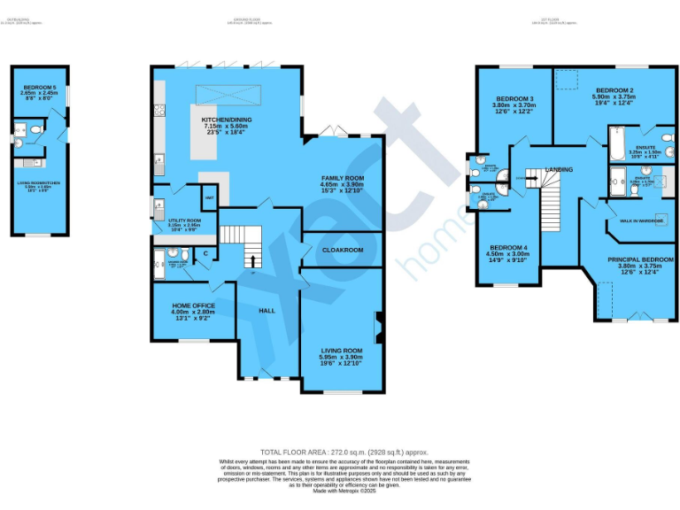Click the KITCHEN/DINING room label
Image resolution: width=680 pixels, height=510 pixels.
(227, 119)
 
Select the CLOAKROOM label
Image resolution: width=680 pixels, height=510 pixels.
(343, 251)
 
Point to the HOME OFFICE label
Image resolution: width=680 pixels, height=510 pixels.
(193, 305)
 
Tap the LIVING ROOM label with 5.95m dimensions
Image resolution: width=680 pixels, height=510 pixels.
(341, 351)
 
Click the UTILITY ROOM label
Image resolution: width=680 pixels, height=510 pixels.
(185, 220)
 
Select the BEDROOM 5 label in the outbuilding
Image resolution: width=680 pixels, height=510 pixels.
(39, 87)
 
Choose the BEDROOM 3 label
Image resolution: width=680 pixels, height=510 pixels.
(514, 98)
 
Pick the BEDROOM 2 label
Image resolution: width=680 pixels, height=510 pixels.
(614, 91)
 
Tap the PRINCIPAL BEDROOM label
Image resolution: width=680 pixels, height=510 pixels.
(640, 259)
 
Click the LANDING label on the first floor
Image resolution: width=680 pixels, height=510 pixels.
(559, 169)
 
